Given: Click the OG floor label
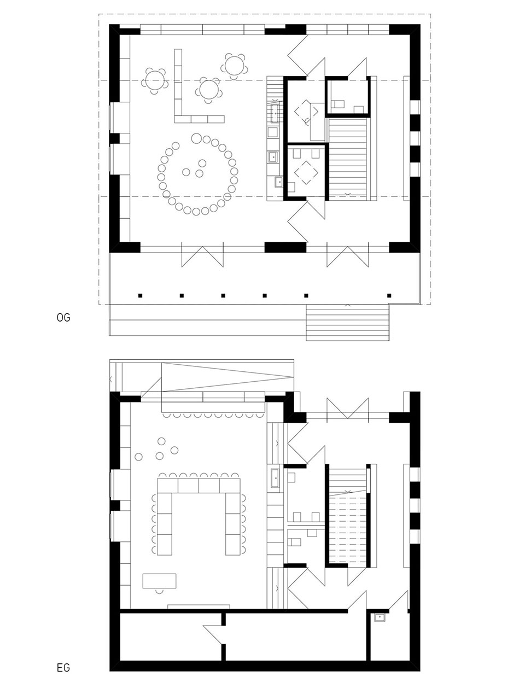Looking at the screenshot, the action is [x=63, y=318].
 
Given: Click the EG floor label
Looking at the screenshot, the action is [x=63, y=668].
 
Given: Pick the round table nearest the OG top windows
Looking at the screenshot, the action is [x=234, y=66].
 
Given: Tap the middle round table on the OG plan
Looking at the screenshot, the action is [x=209, y=90].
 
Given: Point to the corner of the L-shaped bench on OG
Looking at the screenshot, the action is [x=178, y=119].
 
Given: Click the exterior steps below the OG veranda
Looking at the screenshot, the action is [x=347, y=323].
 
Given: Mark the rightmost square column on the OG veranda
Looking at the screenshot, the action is [x=389, y=296].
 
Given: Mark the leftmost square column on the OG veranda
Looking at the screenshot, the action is [x=140, y=296].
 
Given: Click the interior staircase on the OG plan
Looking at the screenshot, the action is [x=348, y=158].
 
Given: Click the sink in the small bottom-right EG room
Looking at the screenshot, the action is [x=380, y=617].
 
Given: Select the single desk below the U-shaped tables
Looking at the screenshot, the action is [x=159, y=580].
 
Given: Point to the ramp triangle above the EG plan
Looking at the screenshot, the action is [x=227, y=377].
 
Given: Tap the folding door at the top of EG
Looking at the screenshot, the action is [x=348, y=409].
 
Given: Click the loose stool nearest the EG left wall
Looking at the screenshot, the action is [x=138, y=457].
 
